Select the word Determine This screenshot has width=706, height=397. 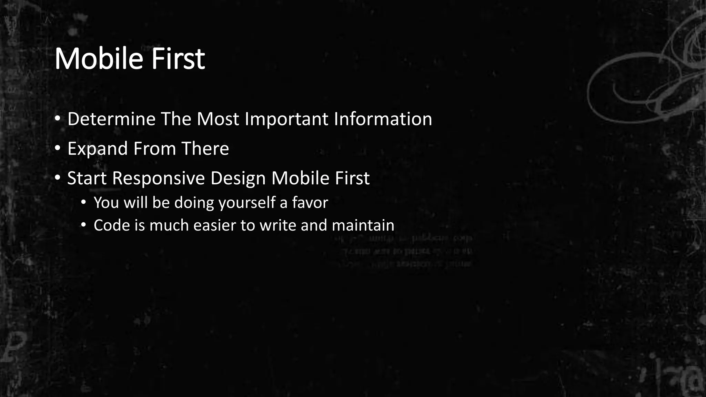[111, 119]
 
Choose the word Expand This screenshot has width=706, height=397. [98, 149]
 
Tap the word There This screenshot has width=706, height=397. [205, 149]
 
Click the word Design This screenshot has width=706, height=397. [238, 179]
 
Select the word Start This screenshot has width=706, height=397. [87, 179]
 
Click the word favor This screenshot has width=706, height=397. [310, 203]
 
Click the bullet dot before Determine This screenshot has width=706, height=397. [58, 119]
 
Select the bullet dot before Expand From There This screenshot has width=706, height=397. [58, 148]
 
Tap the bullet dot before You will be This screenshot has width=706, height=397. [83, 202]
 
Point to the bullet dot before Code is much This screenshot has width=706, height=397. [83, 225]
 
